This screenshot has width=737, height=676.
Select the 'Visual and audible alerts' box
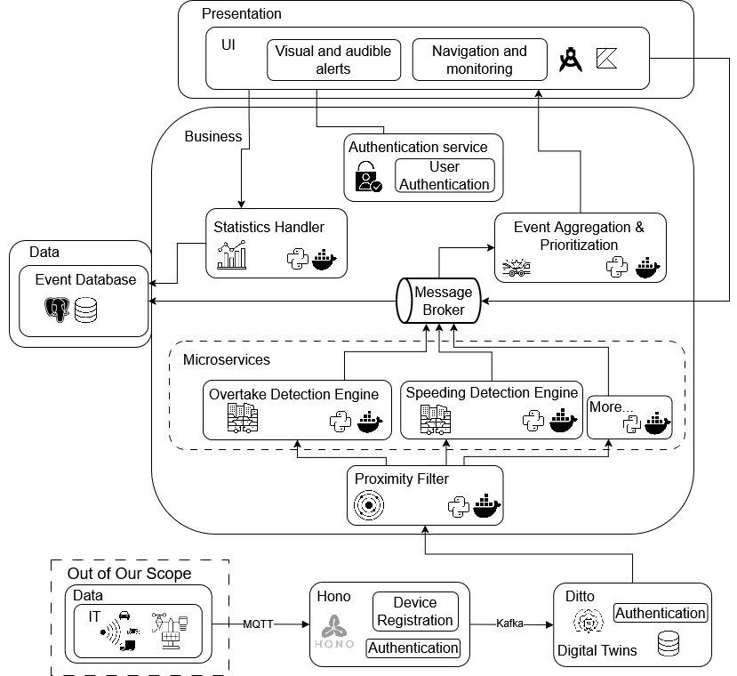(333, 60)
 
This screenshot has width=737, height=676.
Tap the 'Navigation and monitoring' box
(479, 60)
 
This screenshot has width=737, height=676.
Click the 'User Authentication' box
(445, 176)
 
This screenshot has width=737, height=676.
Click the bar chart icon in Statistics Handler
(232, 257)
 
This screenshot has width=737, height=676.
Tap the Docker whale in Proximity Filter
(486, 505)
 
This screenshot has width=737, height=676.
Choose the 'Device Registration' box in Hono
(415, 611)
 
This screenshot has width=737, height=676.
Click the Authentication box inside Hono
(413, 648)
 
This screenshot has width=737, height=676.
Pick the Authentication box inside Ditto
(661, 613)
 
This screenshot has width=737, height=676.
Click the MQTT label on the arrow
(259, 625)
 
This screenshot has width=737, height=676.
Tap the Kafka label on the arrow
(508, 625)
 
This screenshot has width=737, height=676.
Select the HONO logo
(335, 632)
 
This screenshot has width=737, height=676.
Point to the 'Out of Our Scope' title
(129, 574)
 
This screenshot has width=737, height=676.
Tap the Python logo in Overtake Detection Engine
(341, 421)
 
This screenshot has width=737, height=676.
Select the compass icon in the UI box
(570, 60)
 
